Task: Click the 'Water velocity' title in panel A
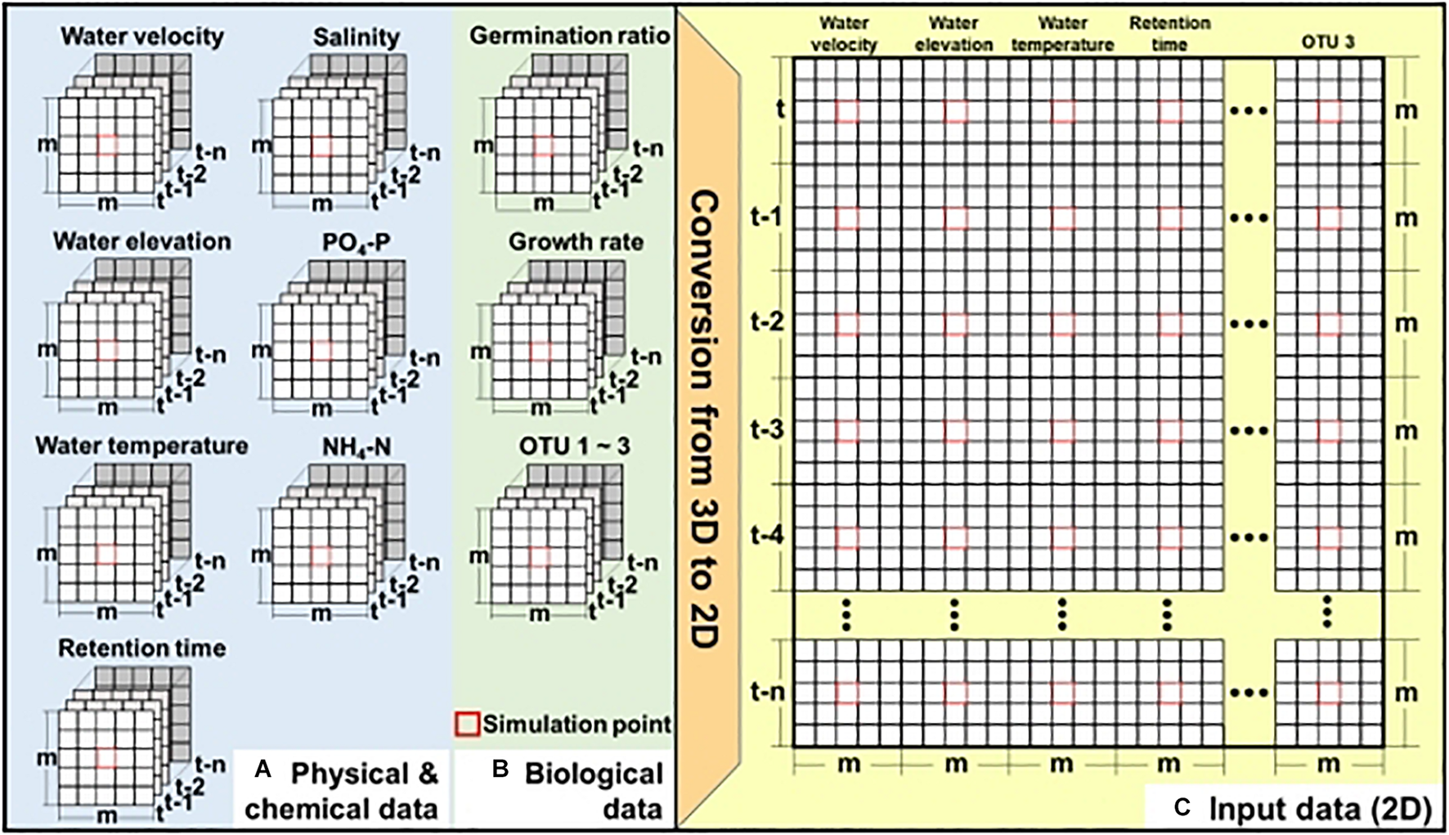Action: point(142,37)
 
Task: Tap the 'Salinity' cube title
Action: point(357,38)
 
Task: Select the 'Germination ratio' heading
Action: point(569,36)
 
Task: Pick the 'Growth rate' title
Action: point(576,242)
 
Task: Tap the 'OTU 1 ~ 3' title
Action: point(574,447)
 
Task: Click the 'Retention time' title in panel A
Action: point(142,649)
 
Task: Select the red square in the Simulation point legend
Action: point(468,724)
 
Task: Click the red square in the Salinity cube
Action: point(322,146)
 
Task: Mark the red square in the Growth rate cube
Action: point(540,351)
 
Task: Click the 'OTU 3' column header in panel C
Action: point(1328,43)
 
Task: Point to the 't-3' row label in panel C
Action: point(767,429)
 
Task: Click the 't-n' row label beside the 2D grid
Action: point(767,692)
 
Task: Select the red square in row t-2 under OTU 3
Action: point(1330,325)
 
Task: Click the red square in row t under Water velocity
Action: point(848,112)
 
